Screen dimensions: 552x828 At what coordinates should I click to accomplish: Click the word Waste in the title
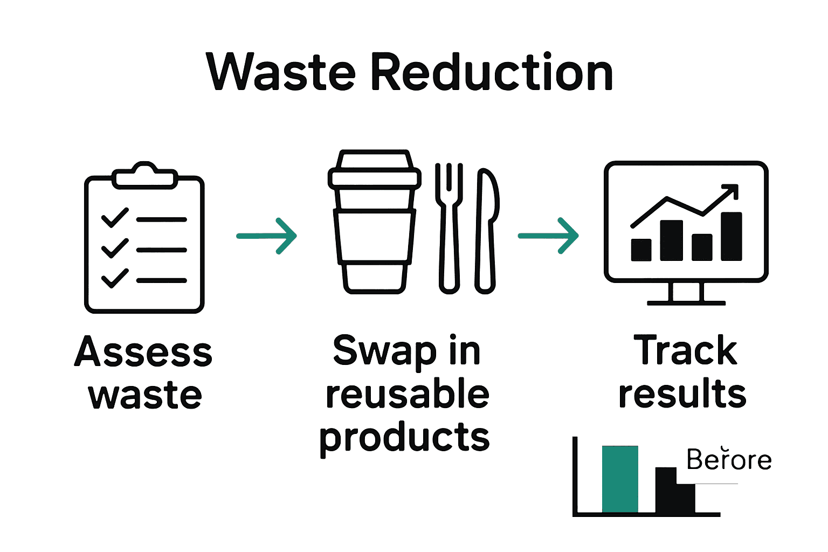pos(281,72)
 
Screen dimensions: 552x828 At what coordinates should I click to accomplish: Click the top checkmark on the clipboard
pos(115,218)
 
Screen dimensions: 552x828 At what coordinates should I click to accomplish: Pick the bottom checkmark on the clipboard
pos(115,279)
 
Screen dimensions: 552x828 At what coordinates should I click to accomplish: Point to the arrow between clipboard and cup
pos(267,236)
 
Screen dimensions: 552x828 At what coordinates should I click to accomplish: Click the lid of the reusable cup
pos(375,170)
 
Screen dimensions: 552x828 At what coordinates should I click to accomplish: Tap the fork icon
pos(449,226)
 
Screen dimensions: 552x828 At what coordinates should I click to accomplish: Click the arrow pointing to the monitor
pos(548,236)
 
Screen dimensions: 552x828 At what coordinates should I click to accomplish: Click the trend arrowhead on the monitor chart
pos(731,191)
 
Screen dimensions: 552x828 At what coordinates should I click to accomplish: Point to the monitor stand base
pos(686,302)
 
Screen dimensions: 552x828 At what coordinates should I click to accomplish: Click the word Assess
pos(143,352)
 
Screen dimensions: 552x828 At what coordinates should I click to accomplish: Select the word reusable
pos(408,394)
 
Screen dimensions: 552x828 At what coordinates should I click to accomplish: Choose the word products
pos(404,437)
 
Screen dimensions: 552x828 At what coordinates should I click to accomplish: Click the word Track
pos(685,351)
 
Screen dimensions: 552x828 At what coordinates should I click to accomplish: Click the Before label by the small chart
pos(729,460)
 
